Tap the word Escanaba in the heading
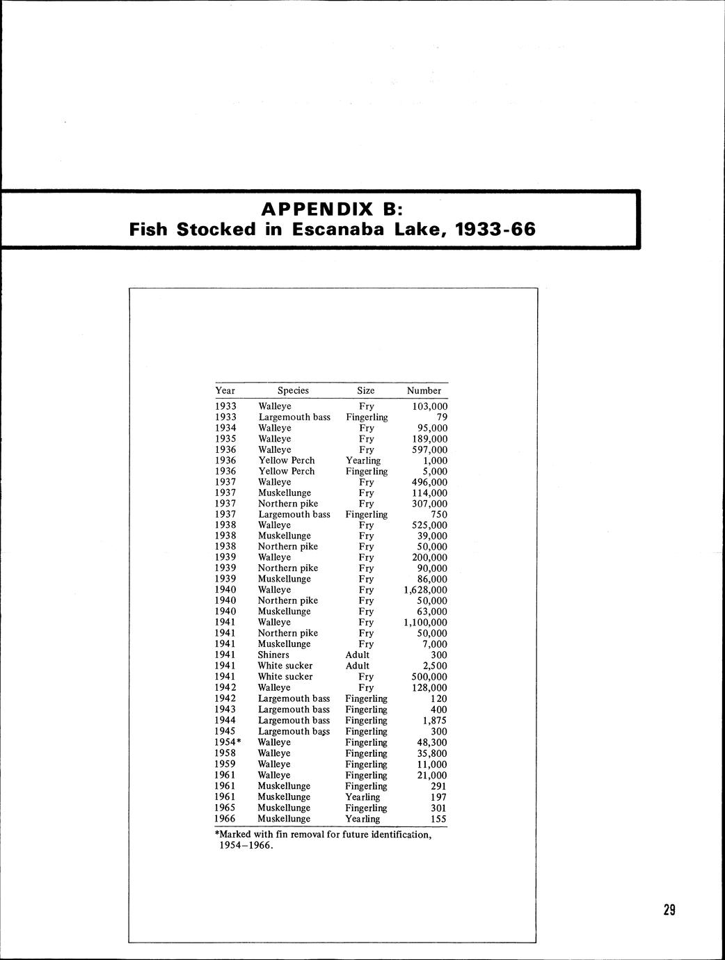(x=337, y=229)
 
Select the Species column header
(x=293, y=390)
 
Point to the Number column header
(x=424, y=390)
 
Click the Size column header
(x=365, y=390)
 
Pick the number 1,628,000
(x=426, y=590)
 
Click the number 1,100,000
(x=426, y=623)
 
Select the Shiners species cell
(x=273, y=655)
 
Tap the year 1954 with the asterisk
(x=228, y=742)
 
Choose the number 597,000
(x=430, y=449)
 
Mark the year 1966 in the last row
(x=225, y=819)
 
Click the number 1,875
(x=435, y=721)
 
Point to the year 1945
(x=225, y=731)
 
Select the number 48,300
(x=432, y=742)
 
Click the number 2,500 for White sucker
(x=435, y=666)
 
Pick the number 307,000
(x=430, y=504)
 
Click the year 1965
(x=225, y=808)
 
